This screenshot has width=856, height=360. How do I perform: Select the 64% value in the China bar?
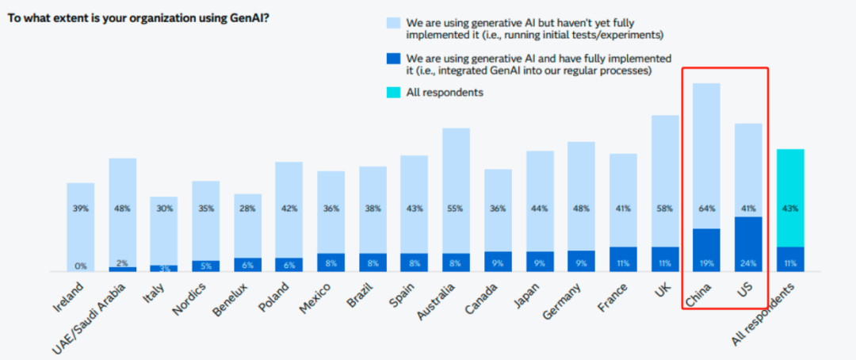click(x=706, y=209)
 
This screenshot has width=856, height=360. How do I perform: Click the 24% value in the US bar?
click(x=748, y=262)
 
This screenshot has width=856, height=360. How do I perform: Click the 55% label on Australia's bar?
click(x=456, y=209)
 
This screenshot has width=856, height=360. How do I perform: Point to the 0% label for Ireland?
click(x=81, y=266)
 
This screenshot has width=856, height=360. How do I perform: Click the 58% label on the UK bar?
click(x=665, y=209)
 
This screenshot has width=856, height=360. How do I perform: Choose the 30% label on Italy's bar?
click(x=164, y=209)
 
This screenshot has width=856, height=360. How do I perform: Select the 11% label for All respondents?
click(x=790, y=262)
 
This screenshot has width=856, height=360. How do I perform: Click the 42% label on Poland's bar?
click(x=289, y=209)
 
